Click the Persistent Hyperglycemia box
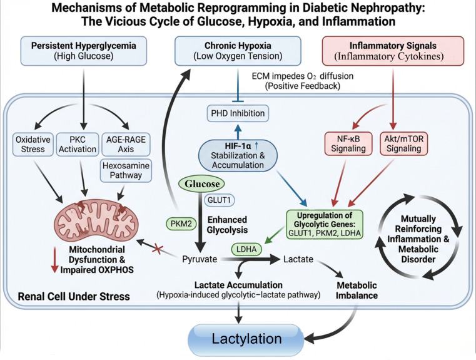pyautogui.click(x=83, y=51)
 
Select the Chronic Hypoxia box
pyautogui.click(x=238, y=51)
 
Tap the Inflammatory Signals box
pyautogui.click(x=393, y=51)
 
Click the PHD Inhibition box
pyautogui.click(x=238, y=113)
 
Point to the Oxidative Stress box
pyautogui.click(x=33, y=144)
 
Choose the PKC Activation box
pyautogui.click(x=78, y=144)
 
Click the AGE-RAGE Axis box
pyautogui.click(x=126, y=144)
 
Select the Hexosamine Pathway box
pyautogui.click(x=126, y=170)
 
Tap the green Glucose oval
pyautogui.click(x=202, y=184)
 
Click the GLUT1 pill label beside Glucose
pyautogui.click(x=219, y=200)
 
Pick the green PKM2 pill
pyautogui.click(x=181, y=224)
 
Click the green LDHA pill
pyautogui.click(x=246, y=249)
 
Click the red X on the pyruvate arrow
pyautogui.click(x=158, y=249)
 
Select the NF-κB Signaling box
pyautogui.click(x=348, y=144)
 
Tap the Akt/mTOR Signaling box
pyautogui.click(x=403, y=144)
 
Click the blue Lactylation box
pyautogui.click(x=246, y=339)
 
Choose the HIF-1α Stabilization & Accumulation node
pyautogui.click(x=238, y=155)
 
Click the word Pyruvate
pyautogui.click(x=200, y=259)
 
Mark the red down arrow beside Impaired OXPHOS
pyautogui.click(x=54, y=260)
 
